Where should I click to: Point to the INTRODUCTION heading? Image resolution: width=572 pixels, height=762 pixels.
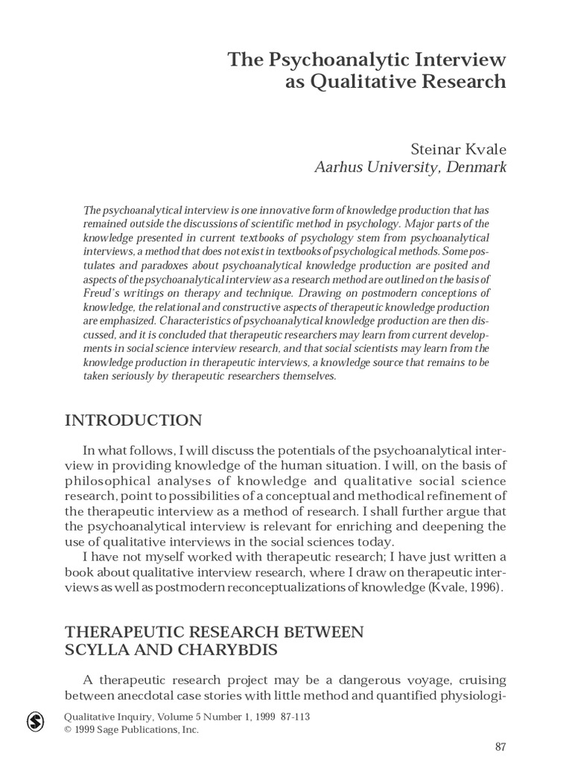[133, 420]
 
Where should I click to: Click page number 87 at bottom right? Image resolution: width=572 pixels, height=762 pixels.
[500, 747]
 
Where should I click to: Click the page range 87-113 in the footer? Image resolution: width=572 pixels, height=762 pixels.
[291, 717]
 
